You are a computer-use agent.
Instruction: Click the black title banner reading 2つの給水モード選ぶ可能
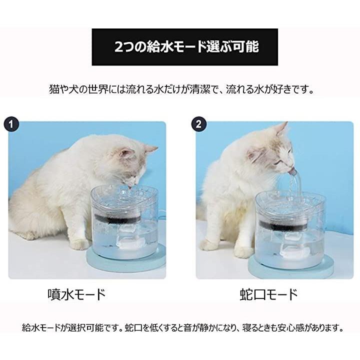coord(184,47)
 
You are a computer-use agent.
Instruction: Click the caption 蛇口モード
coord(268,294)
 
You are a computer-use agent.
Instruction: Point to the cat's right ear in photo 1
coord(149,149)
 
